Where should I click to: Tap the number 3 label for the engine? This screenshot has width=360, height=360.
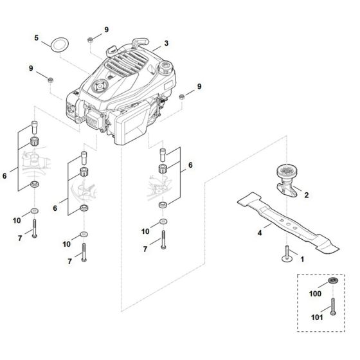click(x=166, y=43)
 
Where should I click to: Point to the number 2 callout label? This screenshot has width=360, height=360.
click(x=306, y=194)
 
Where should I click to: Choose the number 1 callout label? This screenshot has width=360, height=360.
click(x=303, y=258)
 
